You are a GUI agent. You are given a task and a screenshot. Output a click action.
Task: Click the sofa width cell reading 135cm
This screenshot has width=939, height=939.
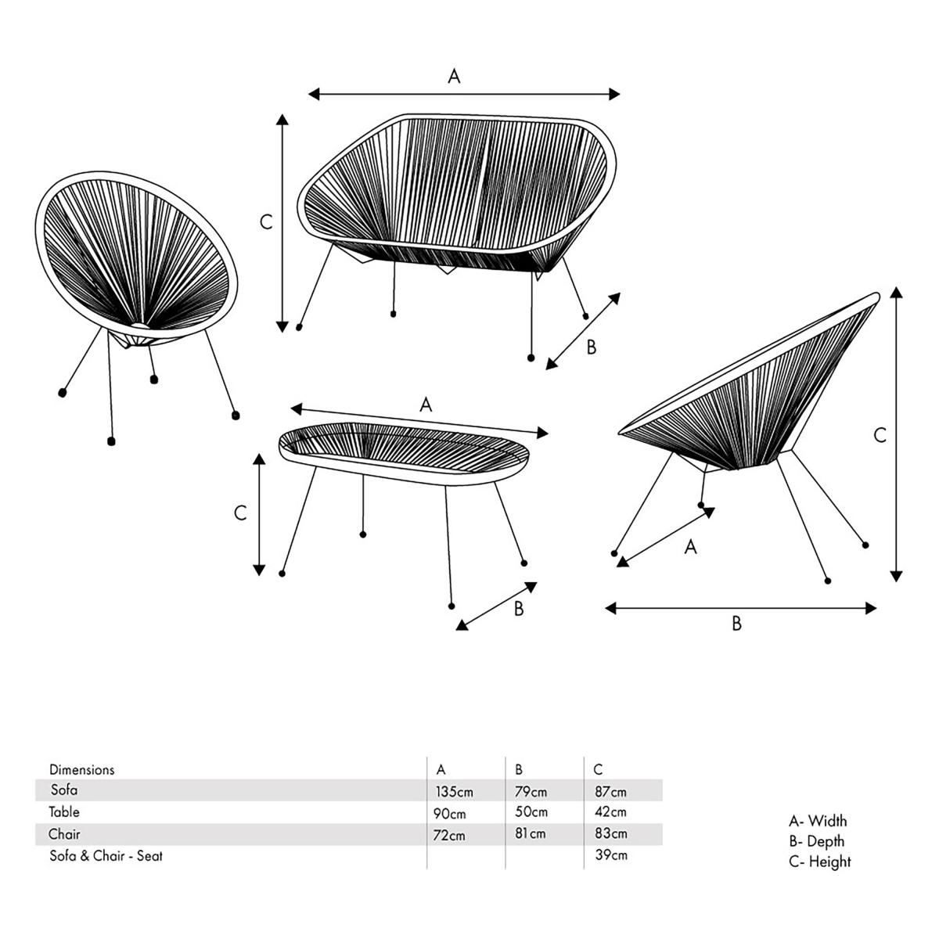454,792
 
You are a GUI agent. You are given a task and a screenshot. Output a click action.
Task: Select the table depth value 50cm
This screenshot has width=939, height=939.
531,812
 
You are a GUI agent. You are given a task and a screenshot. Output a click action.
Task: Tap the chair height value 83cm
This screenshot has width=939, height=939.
610,834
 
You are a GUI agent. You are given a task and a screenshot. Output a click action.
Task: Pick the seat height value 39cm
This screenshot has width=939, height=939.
610,855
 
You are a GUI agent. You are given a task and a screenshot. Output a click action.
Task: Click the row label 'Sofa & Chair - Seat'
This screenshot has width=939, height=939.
106,856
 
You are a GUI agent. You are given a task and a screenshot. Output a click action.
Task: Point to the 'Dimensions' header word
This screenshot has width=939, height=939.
81,770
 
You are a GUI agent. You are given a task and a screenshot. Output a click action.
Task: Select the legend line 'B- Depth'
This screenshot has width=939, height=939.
816,842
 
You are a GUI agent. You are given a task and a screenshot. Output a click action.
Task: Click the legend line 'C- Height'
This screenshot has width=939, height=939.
819,862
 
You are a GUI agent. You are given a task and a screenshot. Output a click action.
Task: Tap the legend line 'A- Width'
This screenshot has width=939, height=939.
818,821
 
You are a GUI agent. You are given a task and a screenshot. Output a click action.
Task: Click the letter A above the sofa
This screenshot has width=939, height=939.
454,76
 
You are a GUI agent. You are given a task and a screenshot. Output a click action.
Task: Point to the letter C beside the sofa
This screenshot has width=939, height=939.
266,222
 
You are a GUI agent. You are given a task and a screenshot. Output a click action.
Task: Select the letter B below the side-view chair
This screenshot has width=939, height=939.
736,624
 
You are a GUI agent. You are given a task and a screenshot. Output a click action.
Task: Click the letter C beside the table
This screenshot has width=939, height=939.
240,513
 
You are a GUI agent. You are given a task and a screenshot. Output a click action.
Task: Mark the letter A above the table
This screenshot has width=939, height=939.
425,405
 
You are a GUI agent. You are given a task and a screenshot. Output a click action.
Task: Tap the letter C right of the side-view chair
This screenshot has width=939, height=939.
880,436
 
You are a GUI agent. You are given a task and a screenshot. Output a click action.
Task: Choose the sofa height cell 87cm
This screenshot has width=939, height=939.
610,792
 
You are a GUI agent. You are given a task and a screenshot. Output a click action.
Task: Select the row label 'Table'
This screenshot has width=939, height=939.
64,812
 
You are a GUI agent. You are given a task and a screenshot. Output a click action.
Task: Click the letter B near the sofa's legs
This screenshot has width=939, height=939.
592,347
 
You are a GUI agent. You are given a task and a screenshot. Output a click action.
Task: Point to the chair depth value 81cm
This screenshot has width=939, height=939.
531,834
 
